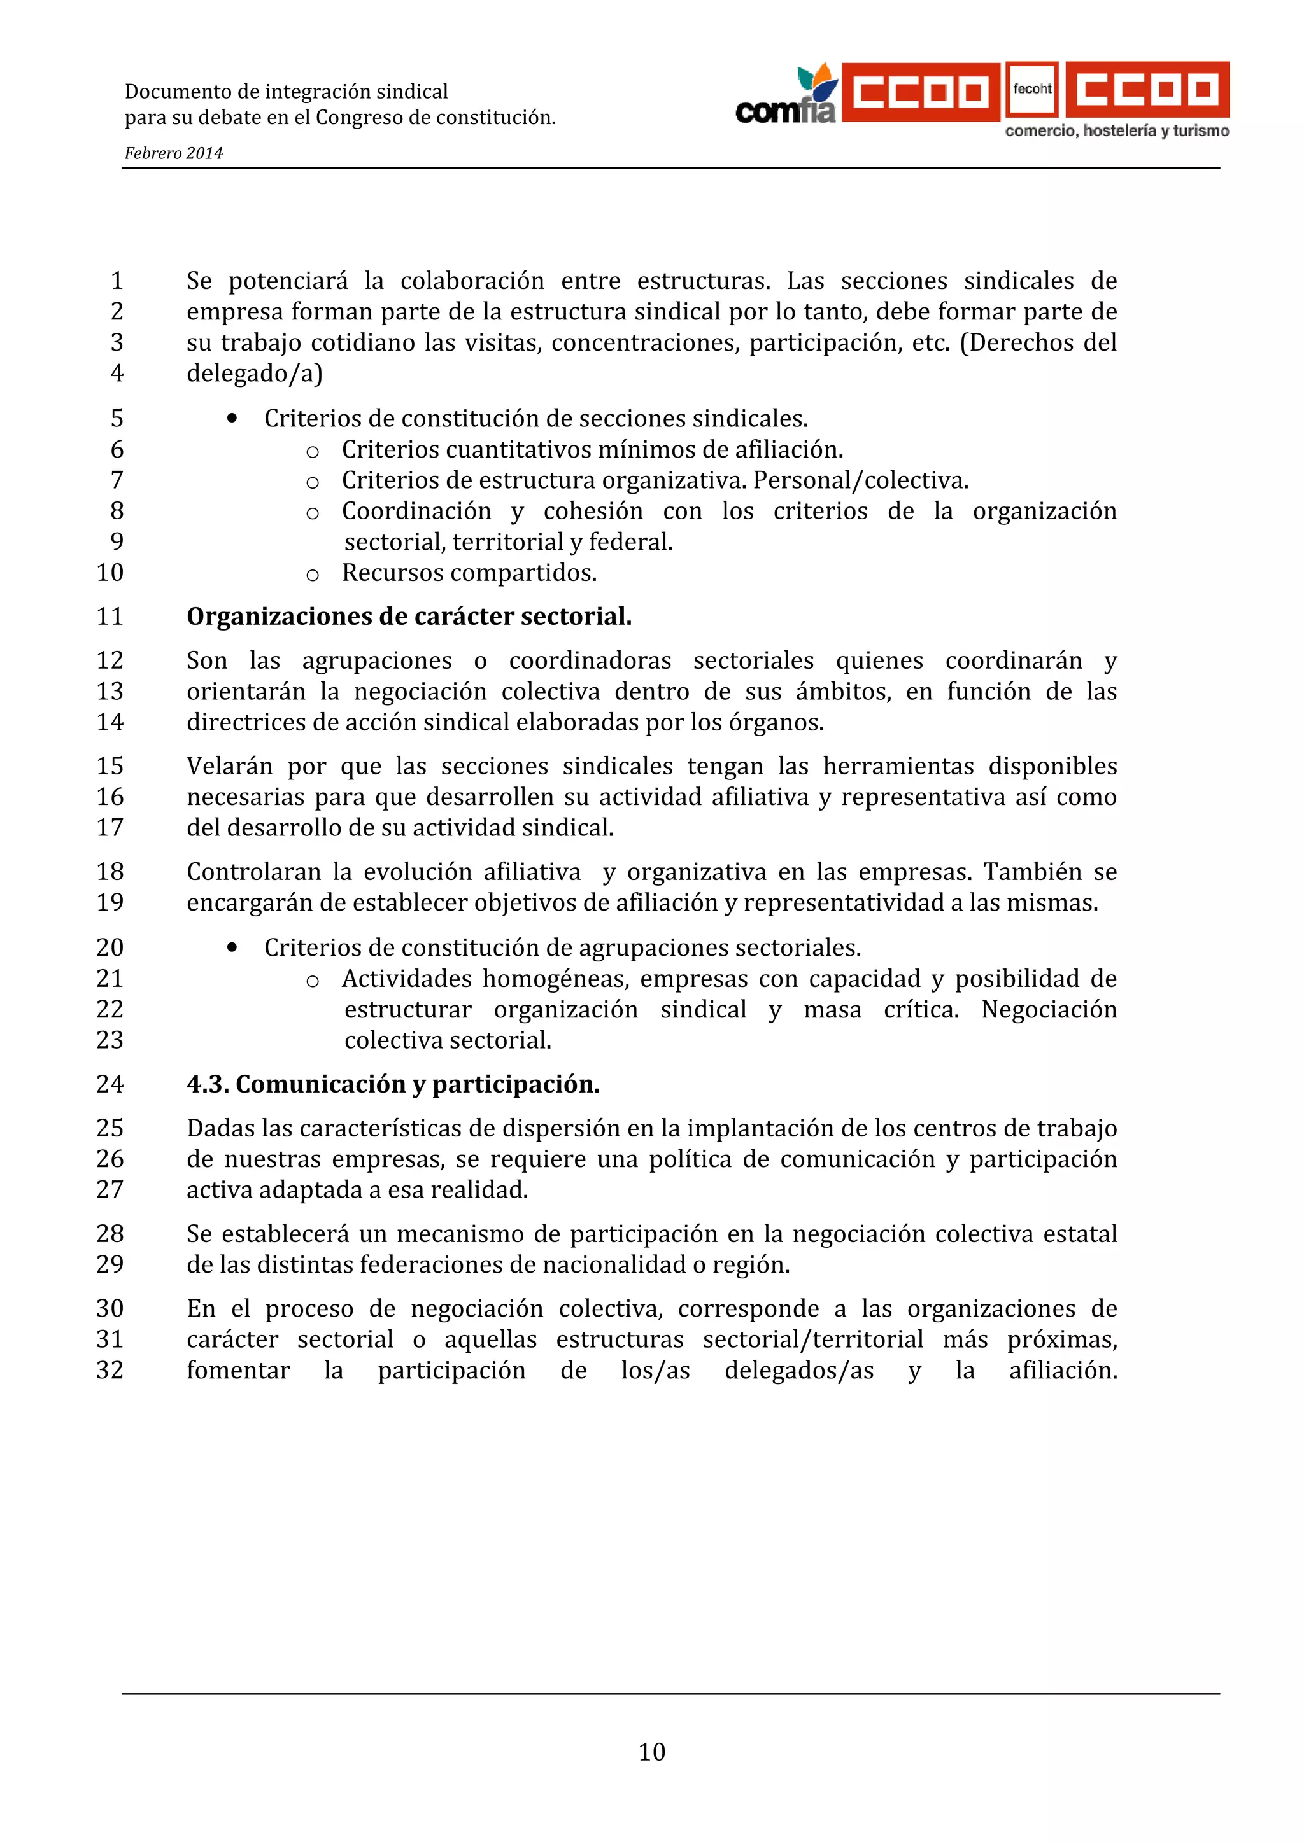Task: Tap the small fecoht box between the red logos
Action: (x=1031, y=89)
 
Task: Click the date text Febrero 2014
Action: (x=174, y=153)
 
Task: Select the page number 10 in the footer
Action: (x=651, y=1752)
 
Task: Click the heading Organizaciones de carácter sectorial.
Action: (x=409, y=617)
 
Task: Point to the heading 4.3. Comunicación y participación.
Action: (x=393, y=1084)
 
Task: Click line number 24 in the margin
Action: (x=110, y=1084)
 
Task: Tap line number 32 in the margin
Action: (x=110, y=1370)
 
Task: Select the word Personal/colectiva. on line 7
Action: (x=860, y=480)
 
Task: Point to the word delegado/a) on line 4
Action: (x=254, y=374)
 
